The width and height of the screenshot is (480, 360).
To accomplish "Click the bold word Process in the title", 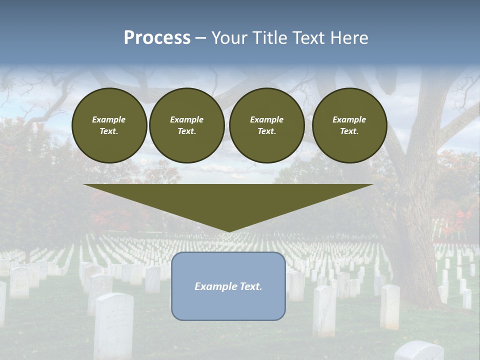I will [x=157, y=38].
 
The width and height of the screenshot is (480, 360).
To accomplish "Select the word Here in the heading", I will [x=349, y=38].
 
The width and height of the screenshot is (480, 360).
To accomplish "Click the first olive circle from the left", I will [x=109, y=125].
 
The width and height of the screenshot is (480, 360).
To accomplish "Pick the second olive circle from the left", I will [x=187, y=125].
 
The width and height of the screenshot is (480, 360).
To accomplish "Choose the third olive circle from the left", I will [x=266, y=125].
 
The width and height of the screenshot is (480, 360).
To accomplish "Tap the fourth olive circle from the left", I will [x=349, y=125].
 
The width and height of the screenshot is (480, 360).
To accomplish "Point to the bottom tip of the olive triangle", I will [x=229, y=231].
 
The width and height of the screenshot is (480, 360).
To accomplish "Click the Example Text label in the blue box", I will [x=228, y=286].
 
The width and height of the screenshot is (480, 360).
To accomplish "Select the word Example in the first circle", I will [x=109, y=120].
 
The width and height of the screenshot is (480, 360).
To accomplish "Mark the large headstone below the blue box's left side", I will [x=114, y=325].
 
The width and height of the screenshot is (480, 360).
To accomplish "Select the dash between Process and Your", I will [x=200, y=38].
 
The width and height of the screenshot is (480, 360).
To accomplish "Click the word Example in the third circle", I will [x=266, y=120].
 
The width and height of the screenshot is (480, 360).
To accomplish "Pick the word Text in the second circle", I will [x=186, y=131].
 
